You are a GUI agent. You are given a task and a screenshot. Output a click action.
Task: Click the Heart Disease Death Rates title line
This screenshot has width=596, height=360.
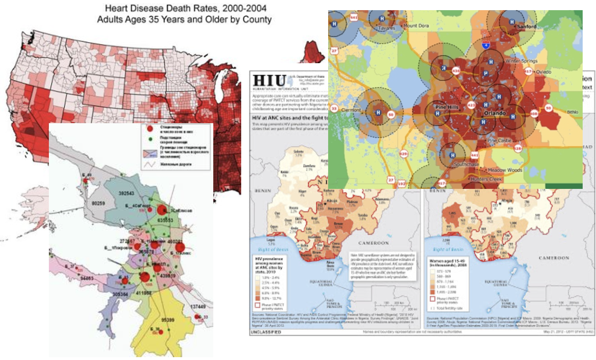186,8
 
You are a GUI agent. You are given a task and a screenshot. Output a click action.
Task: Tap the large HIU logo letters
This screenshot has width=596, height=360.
270,81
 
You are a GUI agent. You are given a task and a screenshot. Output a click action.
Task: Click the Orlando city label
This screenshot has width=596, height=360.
494,113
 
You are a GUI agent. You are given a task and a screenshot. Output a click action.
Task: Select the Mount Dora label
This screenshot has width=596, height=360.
416,26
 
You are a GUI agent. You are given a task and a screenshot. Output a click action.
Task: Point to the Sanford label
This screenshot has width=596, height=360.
526,27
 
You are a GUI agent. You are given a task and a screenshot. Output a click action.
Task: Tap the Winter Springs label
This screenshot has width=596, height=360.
521,61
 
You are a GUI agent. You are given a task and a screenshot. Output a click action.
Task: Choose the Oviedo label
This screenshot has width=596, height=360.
543,72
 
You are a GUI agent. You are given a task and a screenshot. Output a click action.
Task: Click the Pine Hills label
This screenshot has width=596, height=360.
447,107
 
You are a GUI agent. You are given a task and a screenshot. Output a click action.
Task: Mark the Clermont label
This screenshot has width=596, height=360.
351,110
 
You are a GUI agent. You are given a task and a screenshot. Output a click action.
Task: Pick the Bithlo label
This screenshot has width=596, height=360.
573,112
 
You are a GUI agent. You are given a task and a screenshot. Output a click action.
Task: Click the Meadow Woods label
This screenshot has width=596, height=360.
505,170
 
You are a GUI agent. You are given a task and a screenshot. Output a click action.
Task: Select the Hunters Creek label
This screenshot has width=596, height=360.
486,179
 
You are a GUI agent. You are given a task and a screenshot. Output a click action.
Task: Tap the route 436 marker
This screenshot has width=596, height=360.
456,70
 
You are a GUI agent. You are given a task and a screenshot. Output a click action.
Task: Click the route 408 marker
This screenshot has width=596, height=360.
534,113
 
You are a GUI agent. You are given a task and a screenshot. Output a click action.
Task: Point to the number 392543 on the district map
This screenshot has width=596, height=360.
126,193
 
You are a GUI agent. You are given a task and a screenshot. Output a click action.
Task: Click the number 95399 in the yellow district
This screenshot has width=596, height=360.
168,320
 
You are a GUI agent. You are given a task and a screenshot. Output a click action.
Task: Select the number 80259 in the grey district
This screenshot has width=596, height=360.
98,203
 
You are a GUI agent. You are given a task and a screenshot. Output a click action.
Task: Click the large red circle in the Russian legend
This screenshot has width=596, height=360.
150,129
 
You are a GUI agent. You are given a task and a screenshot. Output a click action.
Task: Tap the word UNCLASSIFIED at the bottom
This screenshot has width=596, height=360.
266,332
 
